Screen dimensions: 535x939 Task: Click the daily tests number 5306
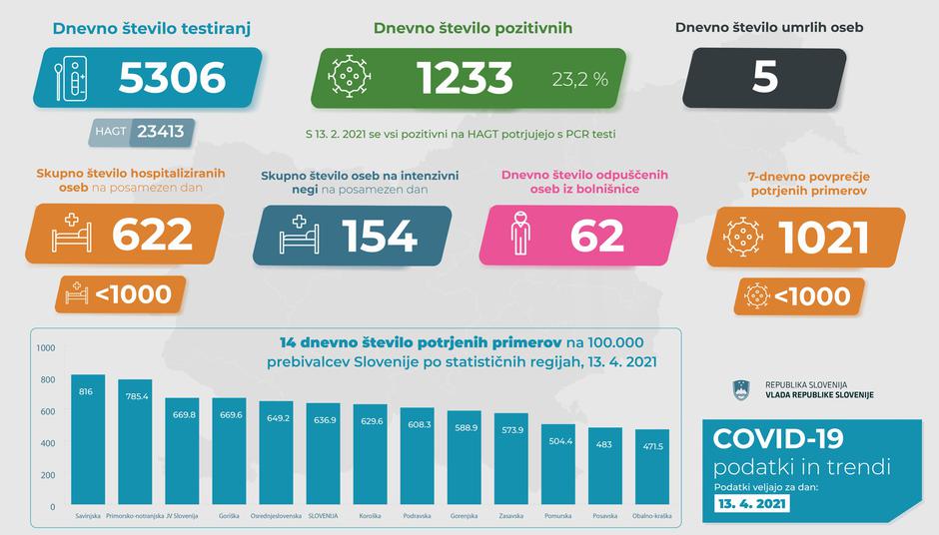point(172,79)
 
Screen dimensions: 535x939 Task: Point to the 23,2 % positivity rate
point(579,80)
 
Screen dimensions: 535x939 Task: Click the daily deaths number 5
point(765,79)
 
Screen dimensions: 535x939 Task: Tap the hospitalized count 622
point(152,235)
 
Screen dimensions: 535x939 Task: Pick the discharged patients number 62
point(597,235)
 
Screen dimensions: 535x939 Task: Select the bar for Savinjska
point(89,439)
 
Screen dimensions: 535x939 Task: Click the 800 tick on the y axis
point(46,379)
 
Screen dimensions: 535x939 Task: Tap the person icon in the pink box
point(517,235)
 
